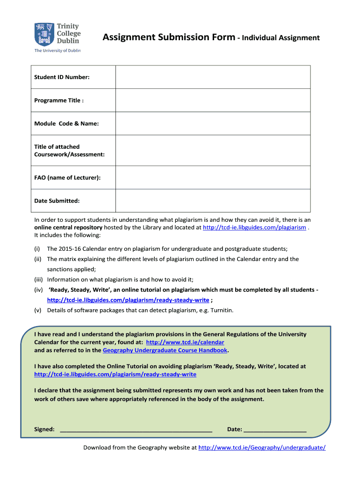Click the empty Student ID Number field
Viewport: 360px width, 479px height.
[x=213, y=77]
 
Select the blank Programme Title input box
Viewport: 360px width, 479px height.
[x=213, y=100]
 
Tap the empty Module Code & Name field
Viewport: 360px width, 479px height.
[x=213, y=123]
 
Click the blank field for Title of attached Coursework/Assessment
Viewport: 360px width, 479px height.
[x=213, y=150]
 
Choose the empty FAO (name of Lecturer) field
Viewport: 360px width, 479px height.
[x=213, y=177]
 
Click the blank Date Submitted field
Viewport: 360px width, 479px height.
[x=213, y=201]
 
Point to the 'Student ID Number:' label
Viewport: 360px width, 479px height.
[x=62, y=77]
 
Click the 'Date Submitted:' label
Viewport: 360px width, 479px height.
[x=57, y=201]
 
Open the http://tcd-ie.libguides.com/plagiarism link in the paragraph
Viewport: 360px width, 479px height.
[x=254, y=227]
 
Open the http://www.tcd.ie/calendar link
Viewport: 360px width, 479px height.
[x=185, y=342]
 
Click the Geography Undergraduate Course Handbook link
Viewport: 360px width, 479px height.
[x=165, y=350]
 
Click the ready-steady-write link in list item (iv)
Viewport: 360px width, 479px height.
[x=128, y=300]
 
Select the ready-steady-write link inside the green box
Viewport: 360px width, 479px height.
[x=115, y=374]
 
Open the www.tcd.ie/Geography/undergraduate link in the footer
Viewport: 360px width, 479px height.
[x=262, y=448]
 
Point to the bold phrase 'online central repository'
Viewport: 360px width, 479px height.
[x=68, y=227]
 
